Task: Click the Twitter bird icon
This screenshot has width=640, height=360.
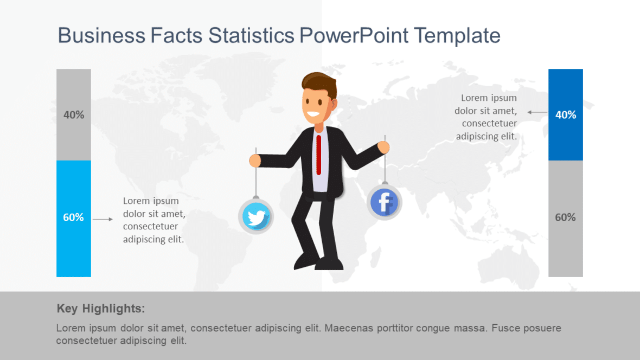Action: [x=256, y=217]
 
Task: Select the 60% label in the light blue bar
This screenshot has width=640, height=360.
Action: [x=74, y=217]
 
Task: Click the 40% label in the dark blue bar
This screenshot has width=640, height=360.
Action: [x=566, y=115]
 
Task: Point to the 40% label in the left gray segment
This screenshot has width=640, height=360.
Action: [x=74, y=115]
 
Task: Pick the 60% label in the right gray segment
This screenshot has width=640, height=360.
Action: [x=566, y=217]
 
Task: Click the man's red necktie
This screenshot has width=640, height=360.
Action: [x=319, y=155]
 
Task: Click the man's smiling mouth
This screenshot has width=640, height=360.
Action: [x=312, y=115]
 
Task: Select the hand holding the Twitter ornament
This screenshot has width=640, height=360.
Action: [x=255, y=160]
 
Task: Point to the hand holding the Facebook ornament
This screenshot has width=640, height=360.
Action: [x=383, y=147]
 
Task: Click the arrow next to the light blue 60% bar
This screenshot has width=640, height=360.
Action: [x=103, y=219]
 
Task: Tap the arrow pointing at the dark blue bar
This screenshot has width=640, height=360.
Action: [x=537, y=112]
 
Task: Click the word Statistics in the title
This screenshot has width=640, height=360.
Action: [x=252, y=36]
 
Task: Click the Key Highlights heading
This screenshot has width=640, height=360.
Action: [x=101, y=309]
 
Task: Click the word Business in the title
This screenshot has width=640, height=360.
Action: [x=101, y=36]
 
